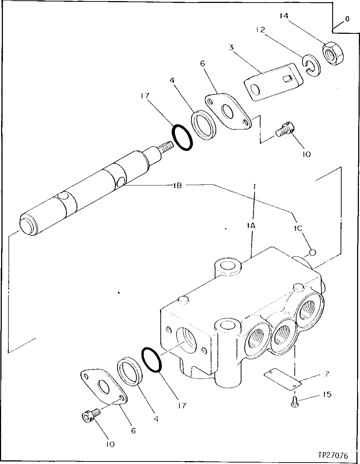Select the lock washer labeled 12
pyautogui.click(x=311, y=65)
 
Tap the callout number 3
pyautogui.click(x=231, y=47)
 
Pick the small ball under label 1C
pyautogui.click(x=312, y=252)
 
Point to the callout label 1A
pyautogui.click(x=251, y=225)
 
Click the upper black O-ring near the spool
pyautogui.click(x=183, y=137)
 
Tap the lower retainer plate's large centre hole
pyautogui.click(x=103, y=388)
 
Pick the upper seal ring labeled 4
pyautogui.click(x=203, y=125)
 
